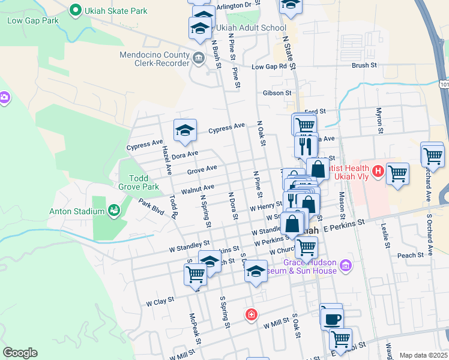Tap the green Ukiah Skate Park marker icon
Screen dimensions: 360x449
tap(75, 10)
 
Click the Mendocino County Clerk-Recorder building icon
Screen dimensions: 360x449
tap(199, 58)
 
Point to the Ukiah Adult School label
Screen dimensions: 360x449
tap(252, 28)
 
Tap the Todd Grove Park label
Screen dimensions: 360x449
tap(143, 183)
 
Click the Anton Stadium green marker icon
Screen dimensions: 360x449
tap(113, 211)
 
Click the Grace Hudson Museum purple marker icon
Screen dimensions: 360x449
tap(345, 265)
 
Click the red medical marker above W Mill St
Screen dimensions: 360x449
tap(251, 314)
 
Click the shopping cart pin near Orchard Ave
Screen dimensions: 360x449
tap(432, 154)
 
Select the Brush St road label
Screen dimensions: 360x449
tap(364, 65)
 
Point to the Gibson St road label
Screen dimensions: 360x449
tap(277, 93)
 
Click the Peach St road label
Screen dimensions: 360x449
tap(411, 255)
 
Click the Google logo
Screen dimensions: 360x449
tap(20, 353)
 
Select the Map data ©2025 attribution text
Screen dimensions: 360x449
tap(423, 355)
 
